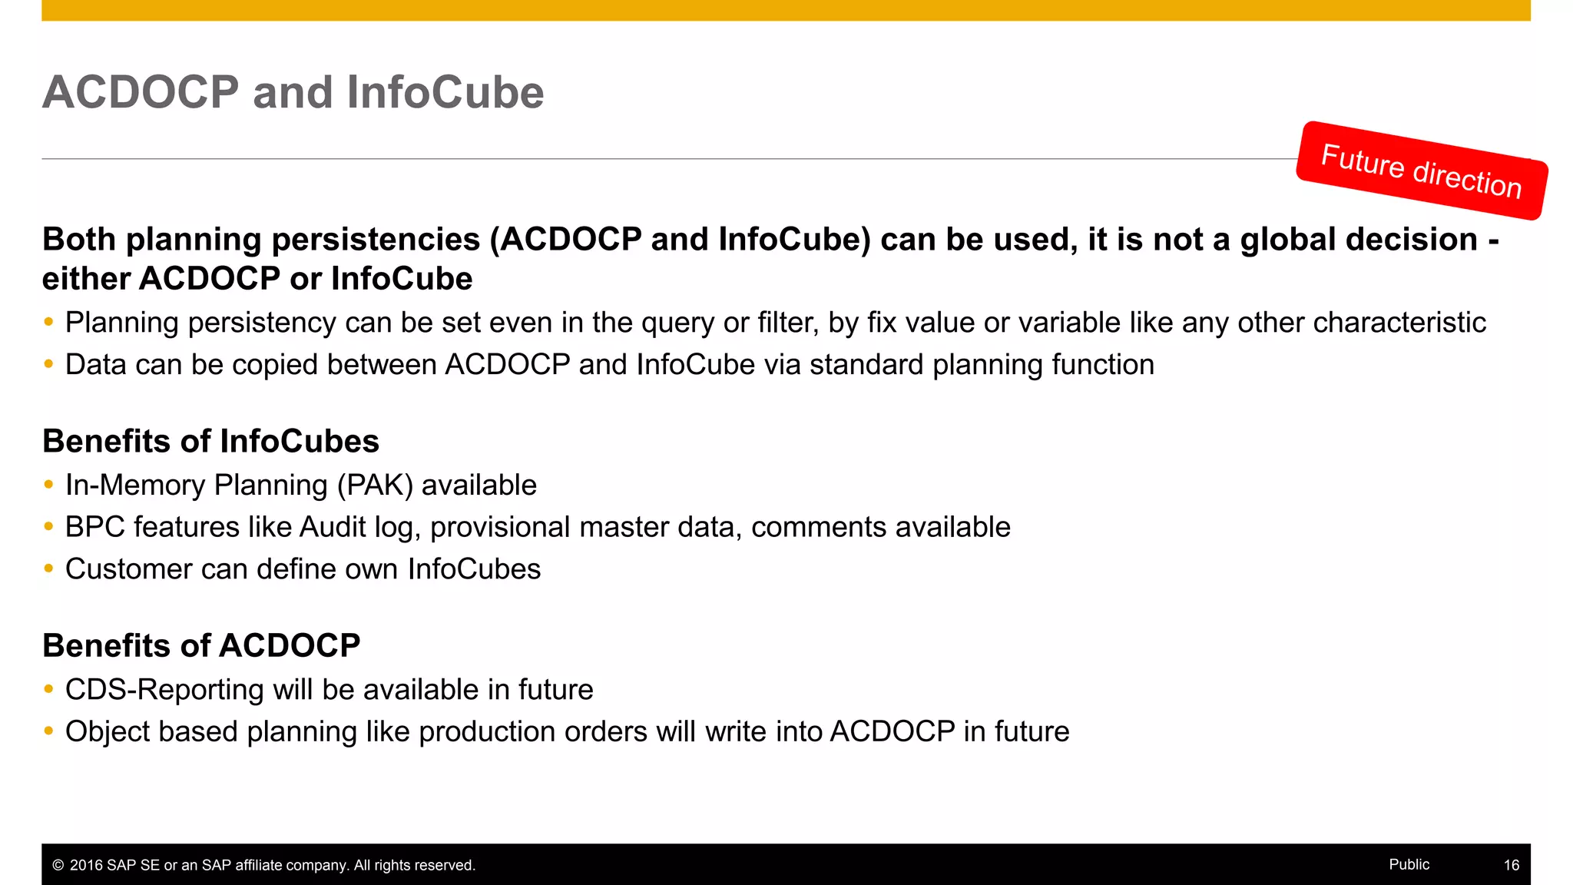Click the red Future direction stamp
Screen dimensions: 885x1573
point(1421,171)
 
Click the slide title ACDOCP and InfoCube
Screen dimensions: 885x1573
point(293,92)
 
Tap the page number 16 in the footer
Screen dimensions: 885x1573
point(1511,865)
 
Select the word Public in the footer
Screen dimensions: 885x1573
point(1409,864)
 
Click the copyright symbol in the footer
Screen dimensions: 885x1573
point(58,866)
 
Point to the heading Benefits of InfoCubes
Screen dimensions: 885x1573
point(210,442)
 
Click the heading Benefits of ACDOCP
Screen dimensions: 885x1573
point(201,646)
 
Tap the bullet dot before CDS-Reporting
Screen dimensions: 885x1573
point(48,689)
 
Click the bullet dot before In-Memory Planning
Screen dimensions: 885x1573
point(48,485)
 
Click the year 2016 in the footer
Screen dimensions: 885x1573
point(86,866)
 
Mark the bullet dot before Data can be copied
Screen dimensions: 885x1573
point(48,364)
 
